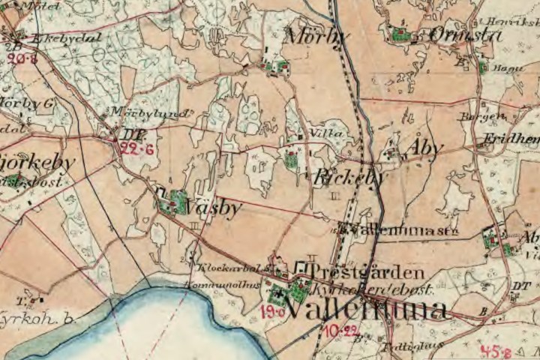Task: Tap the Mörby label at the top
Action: pos(316,35)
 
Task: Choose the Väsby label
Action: pos(216,208)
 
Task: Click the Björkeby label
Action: pos(37,162)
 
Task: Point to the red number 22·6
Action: pos(136,148)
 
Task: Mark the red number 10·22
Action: pos(340,329)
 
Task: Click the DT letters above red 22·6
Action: pos(132,135)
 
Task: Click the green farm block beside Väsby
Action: pos(178,200)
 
